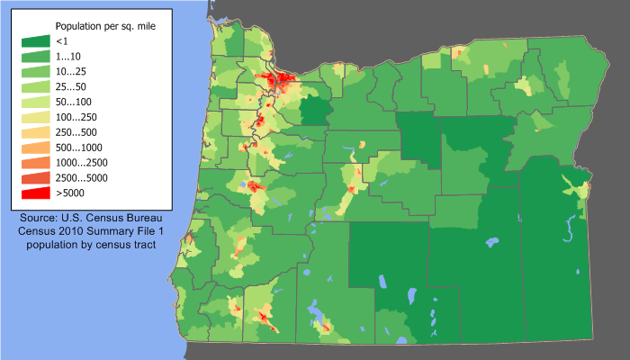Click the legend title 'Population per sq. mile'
[x=105, y=27]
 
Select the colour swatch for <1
[x=35, y=41]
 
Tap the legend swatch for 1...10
[x=35, y=56]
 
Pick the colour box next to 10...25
[x=35, y=71]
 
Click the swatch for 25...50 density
[x=35, y=86]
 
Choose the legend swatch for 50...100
[x=35, y=102]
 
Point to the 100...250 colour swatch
[x=35, y=117]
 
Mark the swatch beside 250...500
[x=35, y=132]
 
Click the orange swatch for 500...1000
[x=35, y=148]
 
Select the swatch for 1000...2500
[x=35, y=163]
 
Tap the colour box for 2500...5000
[x=35, y=178]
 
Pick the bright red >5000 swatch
[x=35, y=193]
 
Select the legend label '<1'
[x=61, y=41]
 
